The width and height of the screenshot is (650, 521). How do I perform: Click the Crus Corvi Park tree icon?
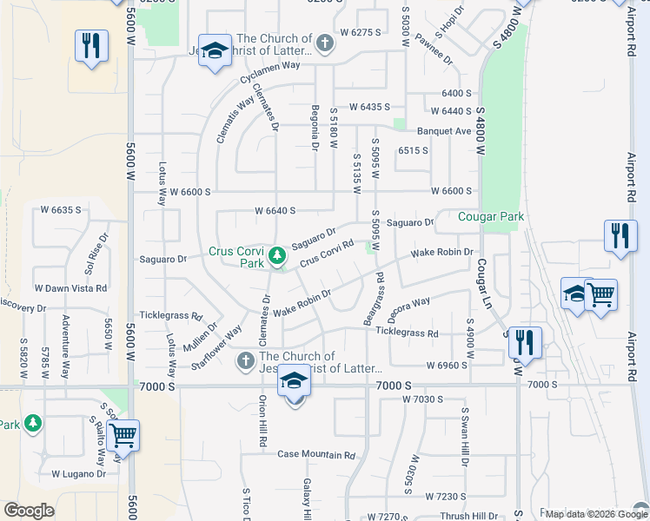click(x=277, y=255)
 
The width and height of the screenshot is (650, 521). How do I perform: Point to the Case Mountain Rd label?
click(x=316, y=454)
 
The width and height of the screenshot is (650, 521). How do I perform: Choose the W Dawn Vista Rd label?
click(x=70, y=287)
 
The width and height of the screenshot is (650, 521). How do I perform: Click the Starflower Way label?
click(x=216, y=347)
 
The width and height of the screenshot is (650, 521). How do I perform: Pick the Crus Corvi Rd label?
click(x=326, y=254)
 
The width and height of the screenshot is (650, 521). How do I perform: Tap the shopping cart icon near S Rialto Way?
click(x=123, y=434)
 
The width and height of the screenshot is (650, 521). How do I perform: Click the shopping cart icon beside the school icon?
click(x=601, y=294)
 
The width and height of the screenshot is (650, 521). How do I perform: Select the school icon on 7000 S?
click(x=295, y=382)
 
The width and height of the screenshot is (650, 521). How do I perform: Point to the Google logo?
click(x=29, y=511)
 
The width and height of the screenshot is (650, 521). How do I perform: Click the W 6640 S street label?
click(x=275, y=210)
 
